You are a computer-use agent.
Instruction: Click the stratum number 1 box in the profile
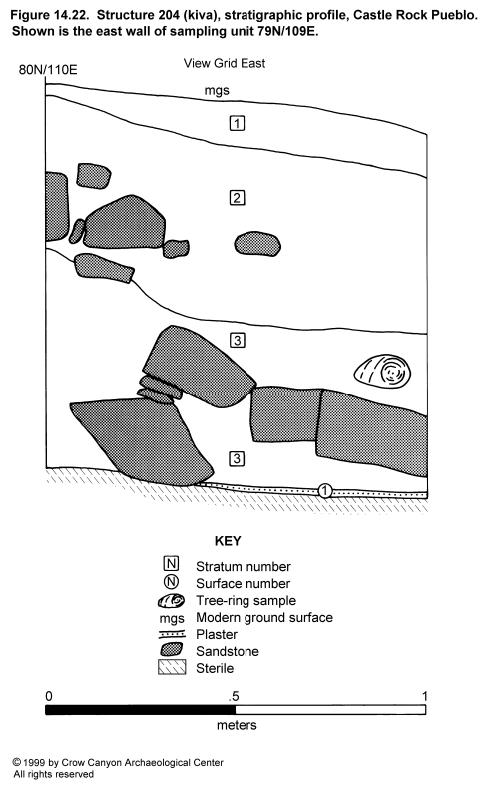click(237, 123)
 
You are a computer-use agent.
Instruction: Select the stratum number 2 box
click(237, 198)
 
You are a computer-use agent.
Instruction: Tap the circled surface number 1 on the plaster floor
click(325, 491)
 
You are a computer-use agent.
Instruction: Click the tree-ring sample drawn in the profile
click(383, 371)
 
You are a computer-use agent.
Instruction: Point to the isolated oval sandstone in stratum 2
click(257, 245)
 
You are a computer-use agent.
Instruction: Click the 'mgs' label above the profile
click(217, 91)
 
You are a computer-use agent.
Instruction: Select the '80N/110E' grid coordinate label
click(48, 69)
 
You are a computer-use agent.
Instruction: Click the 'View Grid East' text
click(224, 63)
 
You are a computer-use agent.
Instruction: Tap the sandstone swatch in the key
click(172, 650)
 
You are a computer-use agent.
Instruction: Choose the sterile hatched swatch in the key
click(172, 668)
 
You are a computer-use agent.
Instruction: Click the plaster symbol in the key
click(172, 634)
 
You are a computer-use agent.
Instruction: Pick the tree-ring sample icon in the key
click(171, 601)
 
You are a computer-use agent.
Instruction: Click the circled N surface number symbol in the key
click(172, 582)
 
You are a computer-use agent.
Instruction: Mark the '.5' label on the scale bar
click(234, 697)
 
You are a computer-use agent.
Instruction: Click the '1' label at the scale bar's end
click(425, 696)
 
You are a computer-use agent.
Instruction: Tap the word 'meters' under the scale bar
click(237, 725)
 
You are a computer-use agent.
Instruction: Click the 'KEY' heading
click(228, 541)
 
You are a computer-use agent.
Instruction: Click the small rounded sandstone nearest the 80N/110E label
click(94, 176)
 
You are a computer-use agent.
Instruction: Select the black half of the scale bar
click(140, 710)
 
